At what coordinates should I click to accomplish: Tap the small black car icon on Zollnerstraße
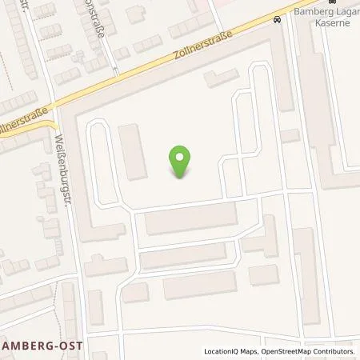277,20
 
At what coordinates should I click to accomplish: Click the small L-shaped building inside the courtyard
216,79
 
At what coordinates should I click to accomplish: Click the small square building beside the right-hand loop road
290,136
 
